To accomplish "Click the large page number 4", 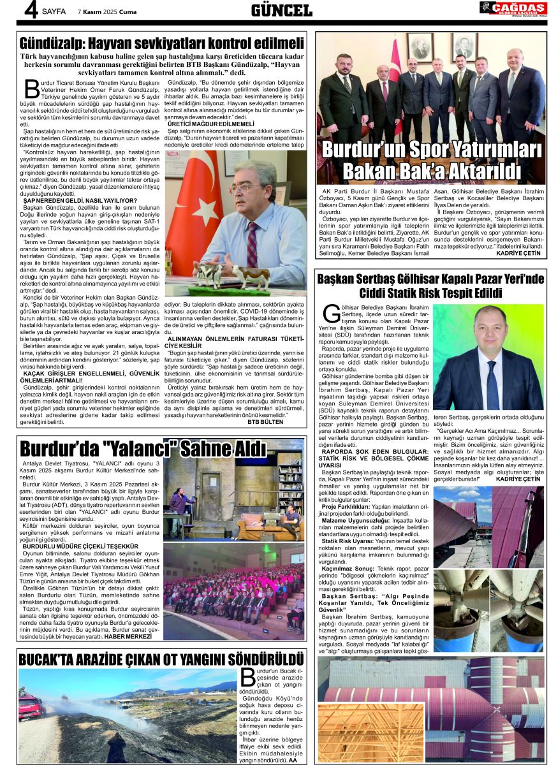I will pos(28,10).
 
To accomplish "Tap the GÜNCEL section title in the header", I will pos(281,10).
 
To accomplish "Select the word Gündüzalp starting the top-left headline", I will pos(56,43).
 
